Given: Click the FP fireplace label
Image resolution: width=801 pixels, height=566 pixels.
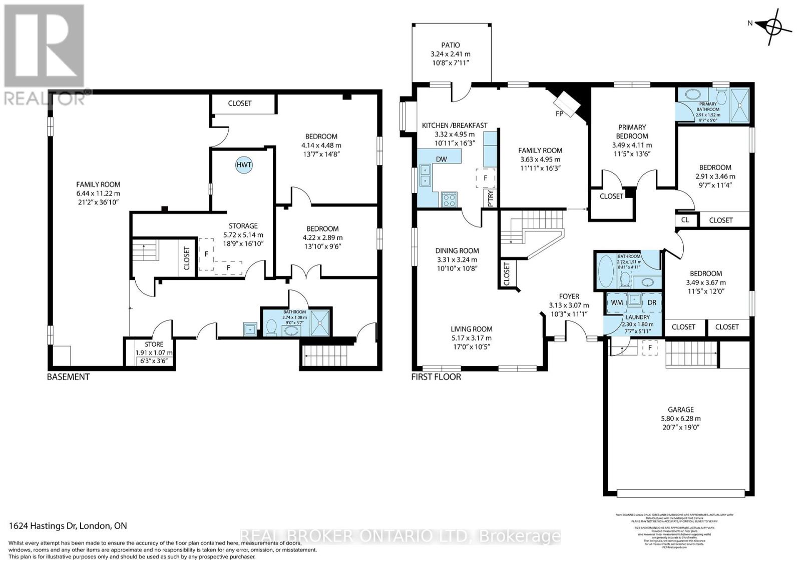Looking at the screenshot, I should [x=559, y=113].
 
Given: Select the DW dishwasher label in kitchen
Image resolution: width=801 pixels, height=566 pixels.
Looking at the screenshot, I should [x=441, y=159].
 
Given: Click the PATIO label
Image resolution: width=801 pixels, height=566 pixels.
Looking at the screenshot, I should [x=451, y=45].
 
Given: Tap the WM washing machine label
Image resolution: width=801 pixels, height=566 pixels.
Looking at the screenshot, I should [x=617, y=302].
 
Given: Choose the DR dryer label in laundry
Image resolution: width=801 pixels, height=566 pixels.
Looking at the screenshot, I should [x=652, y=302].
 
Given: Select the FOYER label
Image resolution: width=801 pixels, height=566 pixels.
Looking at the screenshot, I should [x=569, y=296].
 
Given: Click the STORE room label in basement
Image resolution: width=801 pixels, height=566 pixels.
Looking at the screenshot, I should [x=154, y=344].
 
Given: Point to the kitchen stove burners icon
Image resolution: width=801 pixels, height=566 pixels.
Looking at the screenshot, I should [x=449, y=199].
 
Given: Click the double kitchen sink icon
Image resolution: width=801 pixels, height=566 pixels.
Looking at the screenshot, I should [x=426, y=175].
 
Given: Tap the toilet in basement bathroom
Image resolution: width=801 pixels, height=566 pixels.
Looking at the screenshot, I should [x=271, y=327].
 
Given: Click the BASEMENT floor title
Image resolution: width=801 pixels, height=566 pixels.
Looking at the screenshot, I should [x=68, y=376].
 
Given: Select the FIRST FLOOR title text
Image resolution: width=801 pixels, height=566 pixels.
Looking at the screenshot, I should [x=436, y=376].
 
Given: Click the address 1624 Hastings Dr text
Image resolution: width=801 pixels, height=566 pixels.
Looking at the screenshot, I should [x=68, y=525].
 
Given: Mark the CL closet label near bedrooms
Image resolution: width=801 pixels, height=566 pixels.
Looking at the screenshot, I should [x=685, y=219].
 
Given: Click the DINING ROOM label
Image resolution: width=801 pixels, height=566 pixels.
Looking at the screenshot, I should [x=457, y=250].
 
